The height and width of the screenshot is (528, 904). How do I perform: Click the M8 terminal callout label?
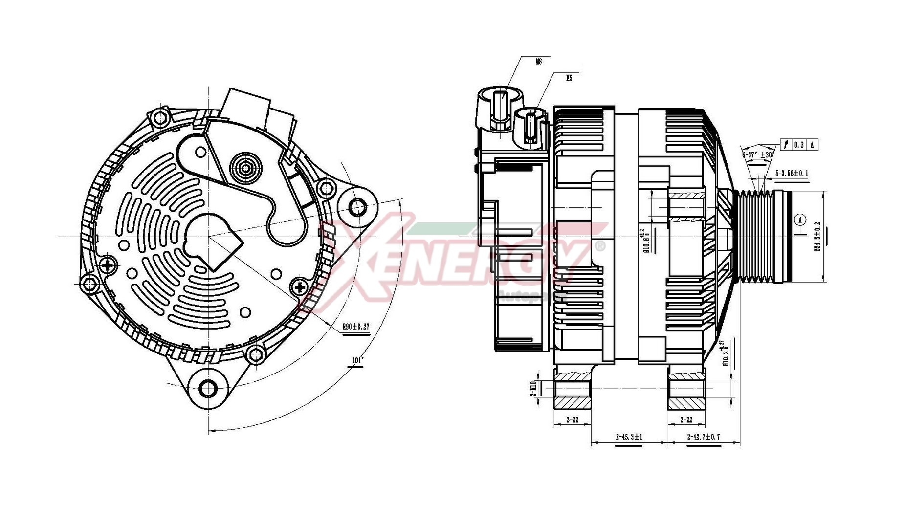(x=539, y=62)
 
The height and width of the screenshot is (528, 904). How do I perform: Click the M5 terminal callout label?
(x=569, y=78)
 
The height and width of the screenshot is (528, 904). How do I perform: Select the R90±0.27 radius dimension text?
(x=355, y=327)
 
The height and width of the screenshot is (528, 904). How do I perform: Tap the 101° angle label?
(x=358, y=361)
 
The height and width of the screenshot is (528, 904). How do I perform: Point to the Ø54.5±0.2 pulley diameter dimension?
(x=817, y=237)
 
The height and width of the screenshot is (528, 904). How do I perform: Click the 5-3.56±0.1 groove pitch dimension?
(x=792, y=174)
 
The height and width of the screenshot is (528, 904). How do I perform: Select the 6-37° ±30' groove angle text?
(x=757, y=154)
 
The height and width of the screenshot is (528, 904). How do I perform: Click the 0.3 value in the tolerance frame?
(x=798, y=145)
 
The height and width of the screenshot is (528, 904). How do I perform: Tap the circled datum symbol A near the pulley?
(x=800, y=220)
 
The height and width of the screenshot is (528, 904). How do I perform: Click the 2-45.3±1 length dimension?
(x=629, y=437)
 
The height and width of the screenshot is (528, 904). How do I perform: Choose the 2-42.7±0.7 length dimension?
(x=703, y=437)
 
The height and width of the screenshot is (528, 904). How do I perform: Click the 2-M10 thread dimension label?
(x=533, y=389)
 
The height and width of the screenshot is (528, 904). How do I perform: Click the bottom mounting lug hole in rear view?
(x=208, y=389)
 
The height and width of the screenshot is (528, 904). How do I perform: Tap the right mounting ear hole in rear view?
(x=358, y=207)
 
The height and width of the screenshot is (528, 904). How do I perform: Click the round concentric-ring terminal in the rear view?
(x=246, y=168)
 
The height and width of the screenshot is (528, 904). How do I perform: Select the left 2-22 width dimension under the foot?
(x=572, y=419)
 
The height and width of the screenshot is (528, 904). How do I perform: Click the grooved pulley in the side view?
(x=755, y=237)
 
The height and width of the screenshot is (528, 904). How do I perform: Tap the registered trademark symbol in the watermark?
(x=599, y=245)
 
